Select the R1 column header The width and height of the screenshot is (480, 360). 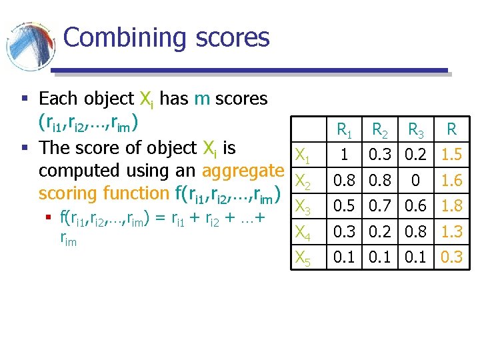coord(345,129)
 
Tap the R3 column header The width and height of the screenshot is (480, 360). coord(417,129)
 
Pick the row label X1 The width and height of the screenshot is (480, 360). coord(303,157)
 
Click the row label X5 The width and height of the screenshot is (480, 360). coord(303,258)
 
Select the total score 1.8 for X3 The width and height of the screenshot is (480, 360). coord(451,206)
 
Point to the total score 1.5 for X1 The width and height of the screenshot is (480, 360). coord(451,155)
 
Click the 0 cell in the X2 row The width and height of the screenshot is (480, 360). coord(417,181)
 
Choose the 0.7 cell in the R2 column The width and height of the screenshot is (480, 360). coord(381,206)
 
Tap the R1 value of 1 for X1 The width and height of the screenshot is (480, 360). coord(345,155)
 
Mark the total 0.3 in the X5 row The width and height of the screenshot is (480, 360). coord(451,257)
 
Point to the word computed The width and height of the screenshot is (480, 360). coord(85,171)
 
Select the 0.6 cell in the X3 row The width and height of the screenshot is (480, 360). coord(417,206)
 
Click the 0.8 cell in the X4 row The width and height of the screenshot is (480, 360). coord(417,231)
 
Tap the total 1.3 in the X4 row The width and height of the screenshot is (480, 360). coord(451,231)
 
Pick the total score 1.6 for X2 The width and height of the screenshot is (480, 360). coord(451,181)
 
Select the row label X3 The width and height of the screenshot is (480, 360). coord(303,207)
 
